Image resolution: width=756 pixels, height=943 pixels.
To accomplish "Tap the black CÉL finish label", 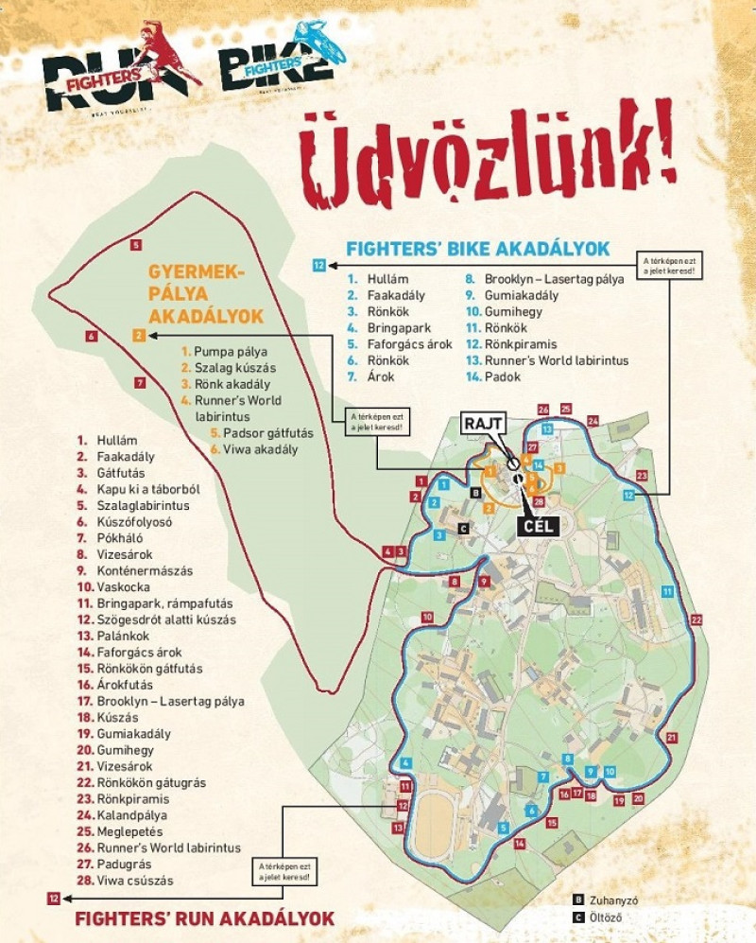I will tap(536, 525).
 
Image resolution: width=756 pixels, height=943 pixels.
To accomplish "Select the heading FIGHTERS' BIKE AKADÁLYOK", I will tap(477, 249).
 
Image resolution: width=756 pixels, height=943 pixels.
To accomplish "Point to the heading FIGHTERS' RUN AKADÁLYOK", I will tap(204, 918).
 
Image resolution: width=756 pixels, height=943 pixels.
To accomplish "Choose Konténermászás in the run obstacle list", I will tap(145, 570).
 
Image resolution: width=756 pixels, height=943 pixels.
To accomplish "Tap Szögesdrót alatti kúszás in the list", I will tap(166, 620).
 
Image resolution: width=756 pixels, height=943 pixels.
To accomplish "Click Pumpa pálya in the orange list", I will tap(225, 351).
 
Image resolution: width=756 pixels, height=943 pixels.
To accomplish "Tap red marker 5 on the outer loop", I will tap(137, 245).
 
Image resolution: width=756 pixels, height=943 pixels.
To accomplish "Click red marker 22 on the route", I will tap(696, 620).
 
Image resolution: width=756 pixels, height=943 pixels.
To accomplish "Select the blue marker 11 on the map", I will tap(668, 591).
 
